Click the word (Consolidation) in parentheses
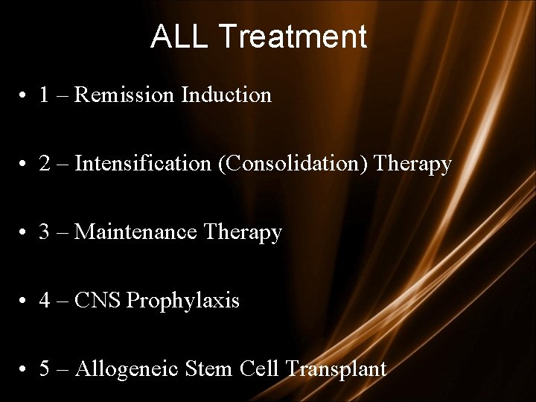296,164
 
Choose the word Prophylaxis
184,301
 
